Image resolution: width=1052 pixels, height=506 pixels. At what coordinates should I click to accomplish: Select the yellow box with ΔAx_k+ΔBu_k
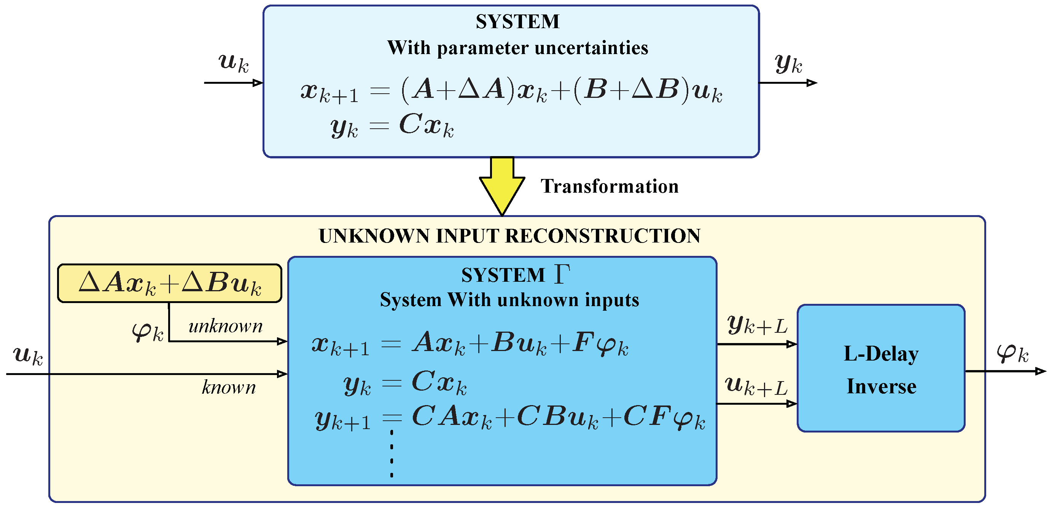[169, 283]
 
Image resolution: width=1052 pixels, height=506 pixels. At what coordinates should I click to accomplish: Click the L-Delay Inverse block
[881, 368]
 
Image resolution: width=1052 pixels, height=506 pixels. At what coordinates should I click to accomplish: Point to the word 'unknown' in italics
[225, 326]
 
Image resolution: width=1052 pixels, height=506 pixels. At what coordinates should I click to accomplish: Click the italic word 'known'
[229, 387]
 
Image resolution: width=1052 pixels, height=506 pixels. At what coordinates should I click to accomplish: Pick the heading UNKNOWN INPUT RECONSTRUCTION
[509, 236]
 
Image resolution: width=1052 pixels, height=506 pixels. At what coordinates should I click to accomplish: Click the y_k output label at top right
[788, 64]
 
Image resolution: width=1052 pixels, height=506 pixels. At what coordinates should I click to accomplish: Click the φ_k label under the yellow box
[147, 332]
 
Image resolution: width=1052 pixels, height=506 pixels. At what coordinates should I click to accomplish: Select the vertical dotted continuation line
[392, 454]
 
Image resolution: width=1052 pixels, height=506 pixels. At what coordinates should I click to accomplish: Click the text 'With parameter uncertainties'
[517, 48]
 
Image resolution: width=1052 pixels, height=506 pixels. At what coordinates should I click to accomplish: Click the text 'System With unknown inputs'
[509, 300]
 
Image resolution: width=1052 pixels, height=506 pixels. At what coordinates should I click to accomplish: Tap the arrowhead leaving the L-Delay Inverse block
[1040, 371]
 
